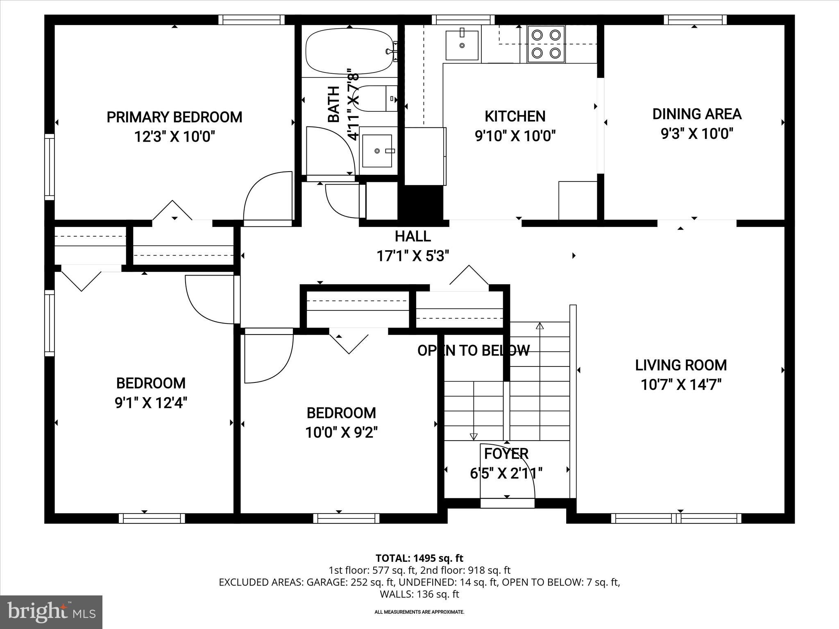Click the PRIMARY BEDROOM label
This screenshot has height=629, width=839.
coord(175,117)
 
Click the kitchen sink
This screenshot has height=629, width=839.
coord(462,45)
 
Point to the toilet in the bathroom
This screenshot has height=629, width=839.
coord(376,99)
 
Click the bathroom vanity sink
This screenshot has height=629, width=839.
coord(377,151)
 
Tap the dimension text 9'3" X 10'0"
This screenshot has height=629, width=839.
coord(697,133)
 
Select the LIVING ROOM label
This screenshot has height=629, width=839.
coord(681,365)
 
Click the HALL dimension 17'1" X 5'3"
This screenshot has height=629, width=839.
coord(413,256)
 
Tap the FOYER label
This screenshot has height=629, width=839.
coord(506,454)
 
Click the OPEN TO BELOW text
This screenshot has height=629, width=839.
coord(474,351)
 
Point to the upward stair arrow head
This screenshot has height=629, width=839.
coord(540,326)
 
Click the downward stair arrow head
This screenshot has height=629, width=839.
coord(474,437)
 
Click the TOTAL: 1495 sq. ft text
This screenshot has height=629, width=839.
coord(419,558)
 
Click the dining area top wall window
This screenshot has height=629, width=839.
coord(695,20)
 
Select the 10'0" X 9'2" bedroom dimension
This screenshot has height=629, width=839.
coord(341,432)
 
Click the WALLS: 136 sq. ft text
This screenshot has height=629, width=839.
coord(419,594)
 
